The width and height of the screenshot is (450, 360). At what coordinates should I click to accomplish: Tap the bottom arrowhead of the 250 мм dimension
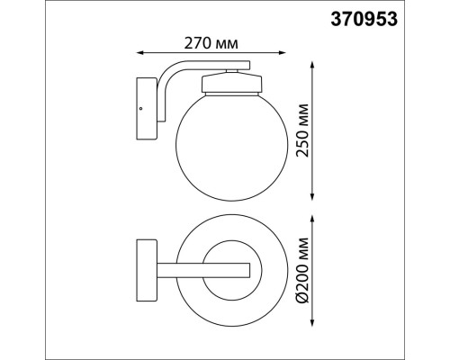pos(311,197)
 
